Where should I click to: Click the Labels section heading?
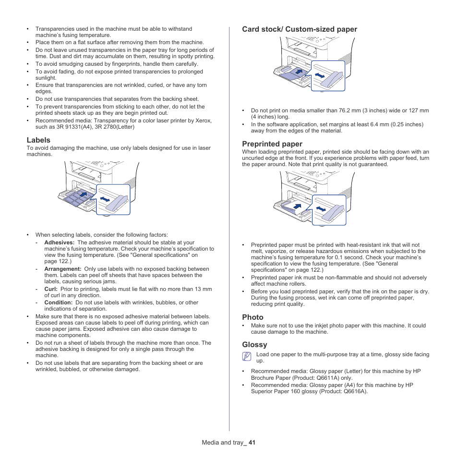pyautogui.click(x=38, y=140)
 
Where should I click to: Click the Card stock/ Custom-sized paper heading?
pyautogui.click(x=300, y=29)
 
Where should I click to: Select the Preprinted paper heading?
pyautogui.click(x=272, y=144)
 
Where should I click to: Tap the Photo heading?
pyautogui.click(x=253, y=317)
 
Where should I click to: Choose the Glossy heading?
pyautogui.click(x=254, y=345)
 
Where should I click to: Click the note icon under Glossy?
pyautogui.click(x=247, y=356)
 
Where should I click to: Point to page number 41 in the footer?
pyautogui.click(x=252, y=443)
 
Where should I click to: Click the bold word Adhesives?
pyautogui.click(x=59, y=243)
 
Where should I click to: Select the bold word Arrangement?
pyautogui.click(x=63, y=269)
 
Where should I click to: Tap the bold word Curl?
pyautogui.click(x=51, y=289)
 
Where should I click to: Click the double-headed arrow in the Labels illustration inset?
pyautogui.click(x=105, y=199)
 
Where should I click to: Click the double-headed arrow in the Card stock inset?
pyautogui.click(x=320, y=75)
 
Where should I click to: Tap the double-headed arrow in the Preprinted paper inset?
pyautogui.click(x=320, y=208)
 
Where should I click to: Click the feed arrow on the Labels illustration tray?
pyautogui.click(x=84, y=194)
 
